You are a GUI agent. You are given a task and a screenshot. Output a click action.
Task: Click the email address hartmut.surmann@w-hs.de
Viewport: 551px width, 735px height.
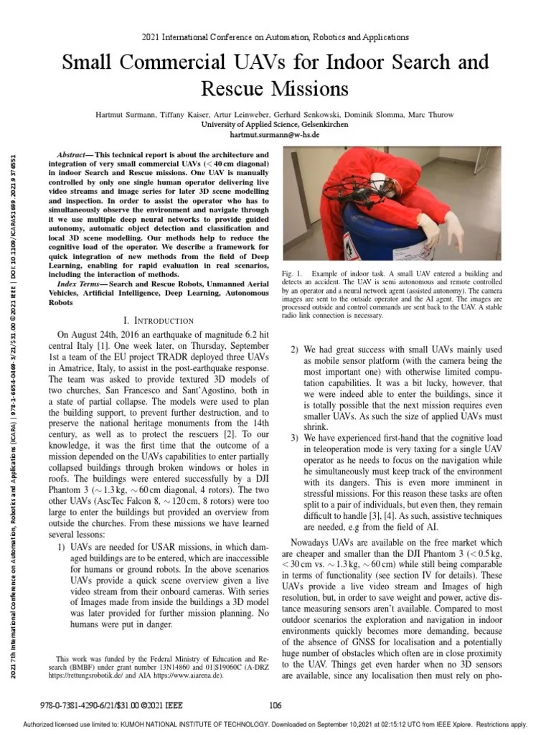275,134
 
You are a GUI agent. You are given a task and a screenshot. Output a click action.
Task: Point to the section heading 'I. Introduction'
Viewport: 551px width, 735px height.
159,320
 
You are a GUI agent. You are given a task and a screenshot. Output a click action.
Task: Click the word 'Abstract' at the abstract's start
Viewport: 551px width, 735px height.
71,155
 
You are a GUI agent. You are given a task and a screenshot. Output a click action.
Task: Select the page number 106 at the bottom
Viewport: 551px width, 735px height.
275,704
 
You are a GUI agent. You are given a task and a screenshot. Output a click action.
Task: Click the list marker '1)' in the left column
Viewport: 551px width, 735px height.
62,547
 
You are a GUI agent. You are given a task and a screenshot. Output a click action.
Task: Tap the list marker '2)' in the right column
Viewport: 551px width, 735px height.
295,350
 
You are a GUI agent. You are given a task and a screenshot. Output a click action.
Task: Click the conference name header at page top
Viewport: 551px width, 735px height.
275,37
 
